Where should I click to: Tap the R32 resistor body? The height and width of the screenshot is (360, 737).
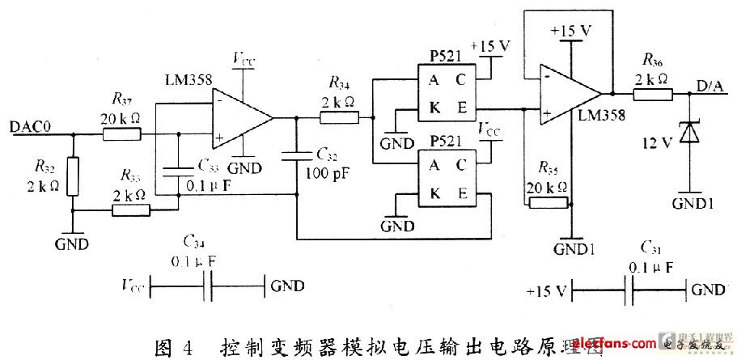coord(73,176)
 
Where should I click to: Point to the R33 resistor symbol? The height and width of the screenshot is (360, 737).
coord(131,210)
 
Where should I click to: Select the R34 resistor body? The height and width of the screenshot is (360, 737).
coord(339,118)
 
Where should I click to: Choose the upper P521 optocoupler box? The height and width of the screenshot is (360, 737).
coord(444,95)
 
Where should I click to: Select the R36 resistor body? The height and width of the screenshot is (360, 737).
coord(651,94)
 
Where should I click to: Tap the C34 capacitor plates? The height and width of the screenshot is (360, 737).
coord(209,286)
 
